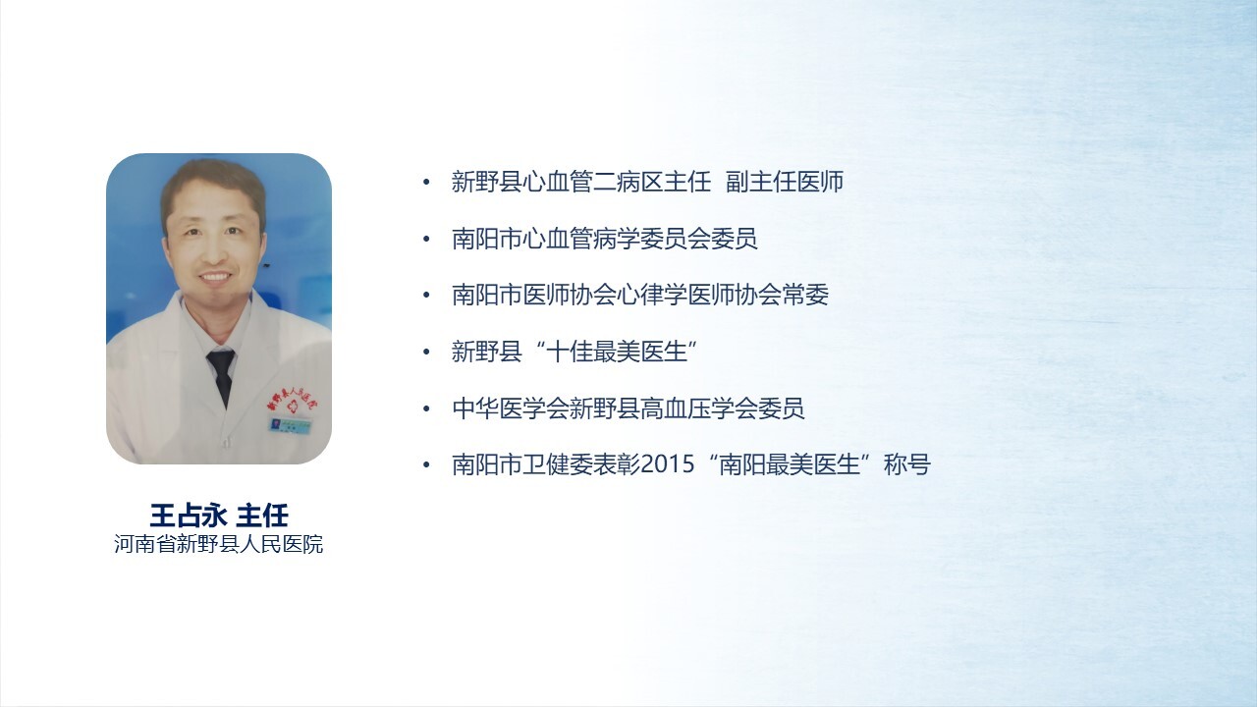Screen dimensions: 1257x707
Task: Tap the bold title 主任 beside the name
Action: [x=262, y=516]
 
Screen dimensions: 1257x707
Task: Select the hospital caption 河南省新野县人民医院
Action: [x=218, y=544]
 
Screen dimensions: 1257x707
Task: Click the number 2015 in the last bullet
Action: [x=667, y=464]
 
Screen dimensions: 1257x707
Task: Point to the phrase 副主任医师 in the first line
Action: [x=785, y=182]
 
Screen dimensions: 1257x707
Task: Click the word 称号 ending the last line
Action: [x=907, y=464]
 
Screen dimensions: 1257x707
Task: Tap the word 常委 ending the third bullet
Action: [x=805, y=296]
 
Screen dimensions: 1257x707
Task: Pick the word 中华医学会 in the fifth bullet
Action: [x=511, y=408]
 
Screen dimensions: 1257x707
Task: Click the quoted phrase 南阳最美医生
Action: [x=790, y=464]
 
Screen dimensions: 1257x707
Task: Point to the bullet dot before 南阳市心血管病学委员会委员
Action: [x=426, y=239]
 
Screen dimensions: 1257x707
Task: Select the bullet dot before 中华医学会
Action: [x=426, y=409]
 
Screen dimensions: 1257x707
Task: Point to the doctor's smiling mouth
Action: [x=214, y=277]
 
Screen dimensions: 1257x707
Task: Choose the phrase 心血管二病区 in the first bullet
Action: [x=593, y=182]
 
